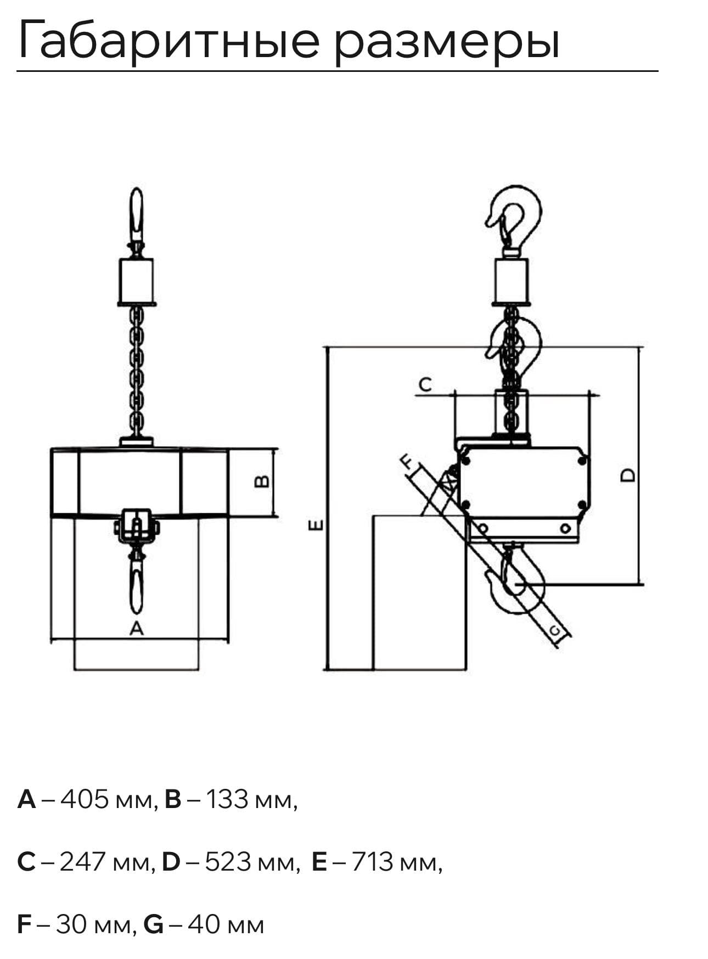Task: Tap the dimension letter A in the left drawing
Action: tap(137, 628)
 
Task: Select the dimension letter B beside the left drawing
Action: tap(263, 481)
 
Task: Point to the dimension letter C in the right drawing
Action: tap(425, 385)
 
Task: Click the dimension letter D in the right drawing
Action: tap(628, 475)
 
